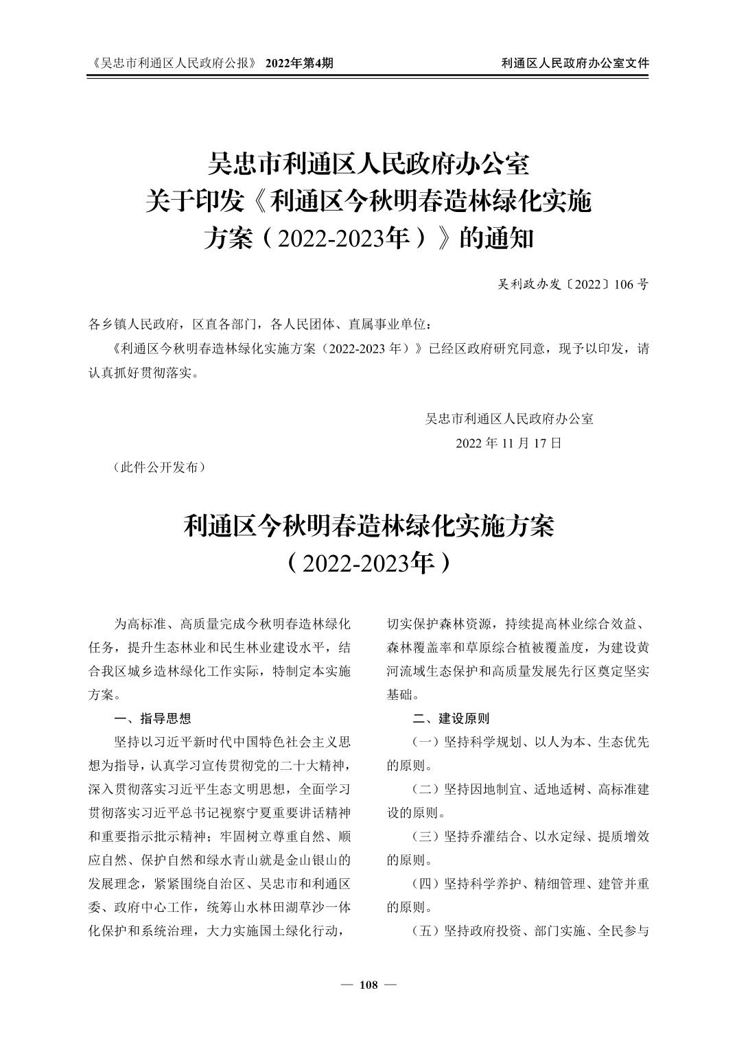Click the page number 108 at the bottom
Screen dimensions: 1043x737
click(x=368, y=985)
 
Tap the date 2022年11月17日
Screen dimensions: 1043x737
click(x=509, y=443)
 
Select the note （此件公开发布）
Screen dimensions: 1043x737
click(x=157, y=467)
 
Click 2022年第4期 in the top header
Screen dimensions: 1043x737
click(x=300, y=63)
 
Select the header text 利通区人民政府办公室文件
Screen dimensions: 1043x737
click(x=575, y=63)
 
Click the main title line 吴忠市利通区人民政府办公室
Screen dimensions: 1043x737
click(x=368, y=165)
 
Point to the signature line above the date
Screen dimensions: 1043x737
click(x=509, y=419)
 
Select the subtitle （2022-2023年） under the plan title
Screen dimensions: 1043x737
click(x=368, y=563)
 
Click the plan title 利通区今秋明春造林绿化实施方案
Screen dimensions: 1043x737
click(x=368, y=526)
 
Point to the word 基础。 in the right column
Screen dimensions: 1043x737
click(x=403, y=694)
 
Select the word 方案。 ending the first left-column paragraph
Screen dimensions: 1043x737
click(x=105, y=694)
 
